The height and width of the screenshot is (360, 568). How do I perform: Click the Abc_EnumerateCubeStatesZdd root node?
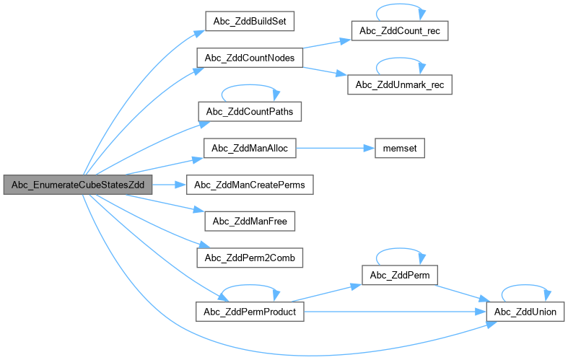coord(77,185)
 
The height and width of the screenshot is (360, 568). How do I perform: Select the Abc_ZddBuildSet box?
coord(250,21)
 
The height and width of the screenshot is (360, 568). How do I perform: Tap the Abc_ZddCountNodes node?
coord(250,58)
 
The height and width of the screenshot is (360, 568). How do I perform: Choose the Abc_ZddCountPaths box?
coord(250,112)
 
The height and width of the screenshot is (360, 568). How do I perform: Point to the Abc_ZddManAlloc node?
coord(250,149)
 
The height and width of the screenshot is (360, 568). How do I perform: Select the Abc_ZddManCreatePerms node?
coord(250,185)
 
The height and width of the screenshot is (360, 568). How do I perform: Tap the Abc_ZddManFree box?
coord(250,221)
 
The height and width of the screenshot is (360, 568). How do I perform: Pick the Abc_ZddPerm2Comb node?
coord(250,257)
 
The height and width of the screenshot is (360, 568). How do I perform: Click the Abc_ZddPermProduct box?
coord(250,311)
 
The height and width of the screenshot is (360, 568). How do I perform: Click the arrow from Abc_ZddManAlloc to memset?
coord(336,149)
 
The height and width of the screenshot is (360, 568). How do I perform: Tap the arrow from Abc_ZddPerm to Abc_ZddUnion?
coord(462,293)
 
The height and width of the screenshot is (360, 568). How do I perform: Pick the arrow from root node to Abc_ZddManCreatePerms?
coord(169,185)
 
